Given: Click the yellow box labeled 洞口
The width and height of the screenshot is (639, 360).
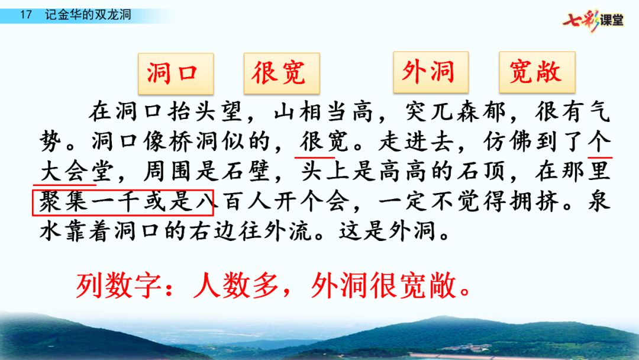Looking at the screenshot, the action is click(x=176, y=74).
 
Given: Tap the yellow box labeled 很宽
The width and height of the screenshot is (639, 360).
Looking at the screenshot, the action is click(x=282, y=73).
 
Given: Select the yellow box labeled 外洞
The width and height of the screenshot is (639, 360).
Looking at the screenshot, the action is click(x=431, y=72).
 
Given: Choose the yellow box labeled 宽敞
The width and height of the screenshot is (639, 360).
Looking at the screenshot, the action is click(x=537, y=72).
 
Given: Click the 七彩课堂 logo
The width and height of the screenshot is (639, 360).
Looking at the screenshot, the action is click(x=593, y=20).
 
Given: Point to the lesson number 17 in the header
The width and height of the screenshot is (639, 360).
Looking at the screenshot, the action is click(x=25, y=15).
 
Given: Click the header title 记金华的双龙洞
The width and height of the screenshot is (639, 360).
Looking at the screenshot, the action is click(x=88, y=15).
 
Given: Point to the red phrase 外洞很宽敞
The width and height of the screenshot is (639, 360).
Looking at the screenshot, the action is click(x=383, y=285).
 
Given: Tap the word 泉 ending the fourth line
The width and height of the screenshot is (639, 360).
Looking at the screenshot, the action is click(x=599, y=201).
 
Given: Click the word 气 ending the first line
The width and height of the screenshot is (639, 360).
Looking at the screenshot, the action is click(x=599, y=111).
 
